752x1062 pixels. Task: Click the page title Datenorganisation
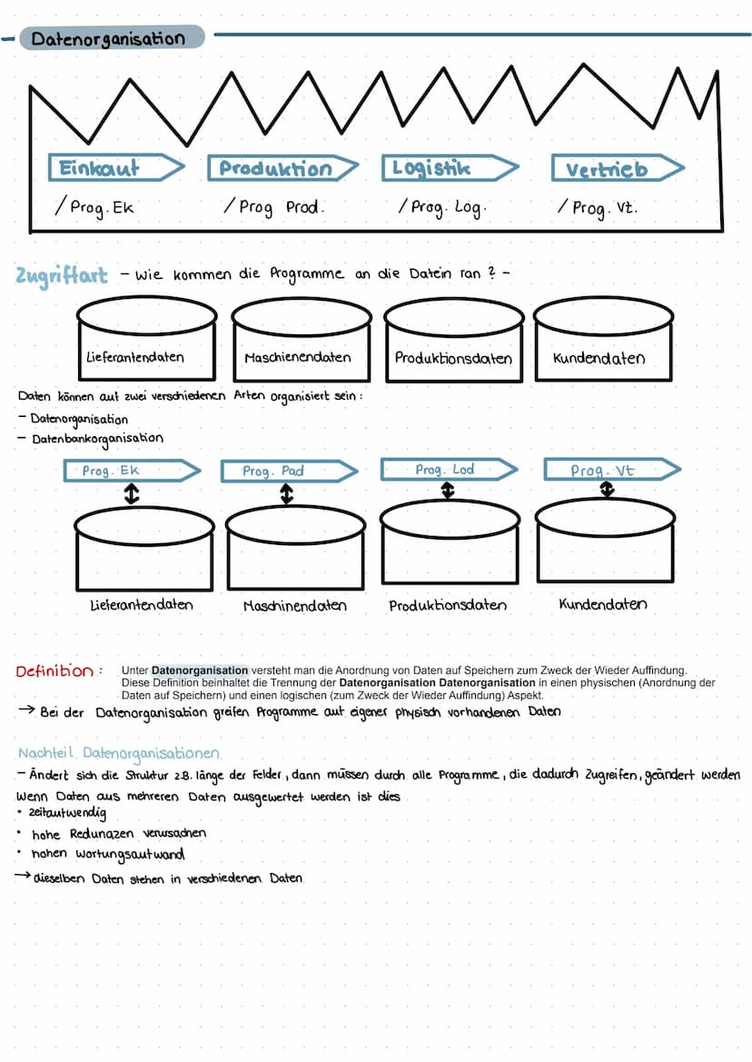[108, 39]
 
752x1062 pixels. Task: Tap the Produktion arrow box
[277, 169]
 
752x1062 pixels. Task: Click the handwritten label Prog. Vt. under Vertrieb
[605, 208]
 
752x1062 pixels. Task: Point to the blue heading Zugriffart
[62, 274]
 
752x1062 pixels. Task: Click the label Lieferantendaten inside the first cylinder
[134, 357]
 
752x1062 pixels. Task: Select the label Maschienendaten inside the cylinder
[297, 358]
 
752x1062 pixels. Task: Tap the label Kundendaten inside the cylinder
[599, 358]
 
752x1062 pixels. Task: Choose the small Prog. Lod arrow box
[445, 470]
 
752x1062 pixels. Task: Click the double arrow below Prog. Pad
[287, 493]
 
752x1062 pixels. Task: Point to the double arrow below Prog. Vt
[607, 490]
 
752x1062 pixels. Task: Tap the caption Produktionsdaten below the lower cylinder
[448, 606]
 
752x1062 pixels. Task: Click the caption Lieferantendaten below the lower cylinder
[142, 604]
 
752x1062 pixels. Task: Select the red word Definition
[54, 671]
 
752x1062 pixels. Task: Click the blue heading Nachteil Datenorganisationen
[119, 754]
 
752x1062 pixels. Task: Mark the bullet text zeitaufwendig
[68, 813]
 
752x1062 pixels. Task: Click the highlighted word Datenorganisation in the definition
[200, 670]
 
